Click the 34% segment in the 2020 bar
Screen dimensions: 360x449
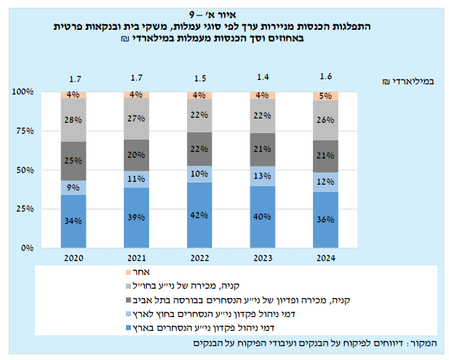pyautogui.click(x=73, y=221)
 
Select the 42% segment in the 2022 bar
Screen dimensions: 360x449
pyautogui.click(x=199, y=215)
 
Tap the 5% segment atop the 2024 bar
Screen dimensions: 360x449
pyautogui.click(x=325, y=95)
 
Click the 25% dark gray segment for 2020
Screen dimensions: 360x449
pyautogui.click(x=73, y=161)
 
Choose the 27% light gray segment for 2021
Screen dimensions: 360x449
pyautogui.click(x=136, y=119)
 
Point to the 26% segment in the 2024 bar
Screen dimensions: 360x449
pyautogui.click(x=325, y=120)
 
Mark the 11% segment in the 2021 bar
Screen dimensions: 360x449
pyautogui.click(x=136, y=179)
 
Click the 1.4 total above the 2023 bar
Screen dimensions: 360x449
pyautogui.click(x=263, y=78)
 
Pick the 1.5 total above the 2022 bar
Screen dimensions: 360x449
pyautogui.click(x=199, y=78)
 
